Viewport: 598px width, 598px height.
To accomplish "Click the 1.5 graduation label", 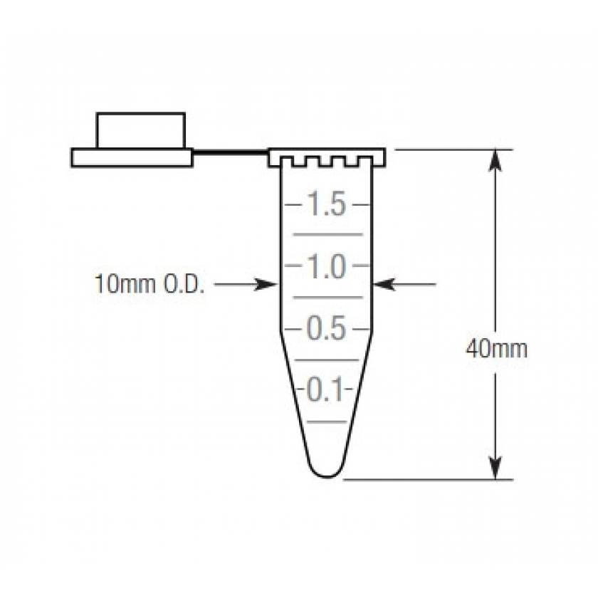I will [327, 205].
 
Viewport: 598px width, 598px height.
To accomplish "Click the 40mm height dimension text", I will [496, 350].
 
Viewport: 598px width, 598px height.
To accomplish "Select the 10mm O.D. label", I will [149, 284].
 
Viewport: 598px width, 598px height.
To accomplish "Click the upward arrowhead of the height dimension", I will [496, 161].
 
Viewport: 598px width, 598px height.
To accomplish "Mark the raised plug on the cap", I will [141, 130].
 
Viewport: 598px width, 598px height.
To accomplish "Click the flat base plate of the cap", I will [132, 157].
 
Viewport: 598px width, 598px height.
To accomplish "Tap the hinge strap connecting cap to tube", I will [230, 152].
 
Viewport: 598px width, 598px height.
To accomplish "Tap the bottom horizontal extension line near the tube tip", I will [427, 479].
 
